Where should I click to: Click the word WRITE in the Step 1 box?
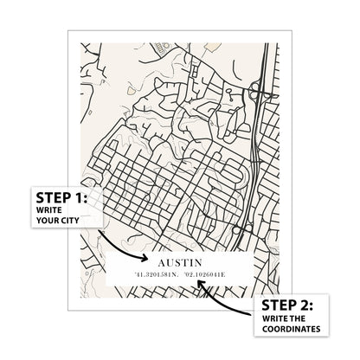point(50,209)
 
